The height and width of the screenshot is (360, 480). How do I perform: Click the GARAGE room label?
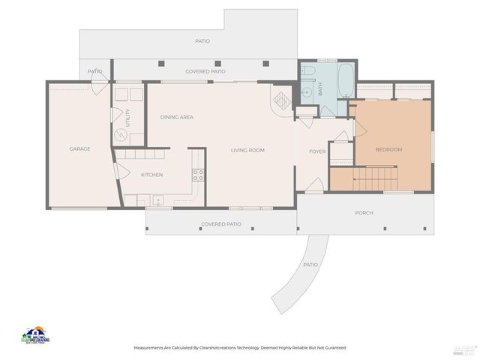(x=80, y=148)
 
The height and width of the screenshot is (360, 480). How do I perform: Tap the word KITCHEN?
(x=152, y=175)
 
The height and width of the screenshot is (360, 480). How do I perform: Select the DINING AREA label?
(x=177, y=117)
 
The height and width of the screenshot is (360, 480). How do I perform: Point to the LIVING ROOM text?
(x=247, y=150)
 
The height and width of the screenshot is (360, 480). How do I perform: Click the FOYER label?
(x=318, y=151)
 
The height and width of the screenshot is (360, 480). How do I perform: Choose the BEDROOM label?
(x=388, y=149)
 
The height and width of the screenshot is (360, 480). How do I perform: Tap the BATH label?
(x=320, y=88)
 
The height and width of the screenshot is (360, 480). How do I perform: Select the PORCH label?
(x=364, y=212)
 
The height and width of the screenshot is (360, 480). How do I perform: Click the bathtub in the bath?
(x=345, y=80)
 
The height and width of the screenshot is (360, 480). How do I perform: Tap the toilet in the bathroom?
(x=308, y=71)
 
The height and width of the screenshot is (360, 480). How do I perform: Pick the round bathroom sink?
(x=307, y=94)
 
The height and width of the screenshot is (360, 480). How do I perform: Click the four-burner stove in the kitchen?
(x=198, y=175)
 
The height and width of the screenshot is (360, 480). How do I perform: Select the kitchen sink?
(x=158, y=200)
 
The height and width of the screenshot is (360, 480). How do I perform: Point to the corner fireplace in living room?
(x=282, y=100)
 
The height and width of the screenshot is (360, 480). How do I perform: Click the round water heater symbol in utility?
(x=121, y=136)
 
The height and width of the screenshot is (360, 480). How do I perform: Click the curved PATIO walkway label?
(x=310, y=265)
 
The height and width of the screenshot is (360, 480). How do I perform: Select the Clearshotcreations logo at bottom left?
(x=34, y=335)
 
